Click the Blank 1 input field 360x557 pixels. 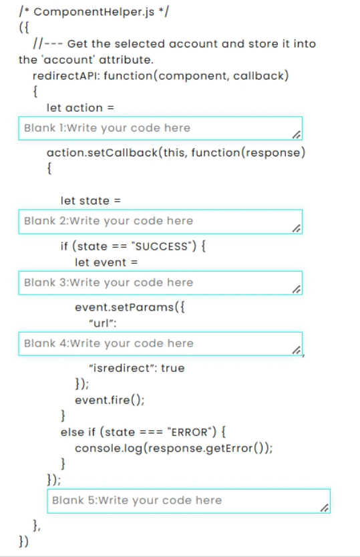click(160, 128)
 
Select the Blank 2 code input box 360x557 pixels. click(160, 221)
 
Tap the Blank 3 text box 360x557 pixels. click(160, 283)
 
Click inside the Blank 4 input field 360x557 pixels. click(160, 343)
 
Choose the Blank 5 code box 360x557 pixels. click(189, 501)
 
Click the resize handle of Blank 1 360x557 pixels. click(297, 135)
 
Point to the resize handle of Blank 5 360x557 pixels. click(325, 508)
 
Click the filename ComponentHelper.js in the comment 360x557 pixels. click(94, 12)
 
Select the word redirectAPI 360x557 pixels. click(66, 76)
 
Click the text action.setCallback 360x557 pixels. click(102, 153)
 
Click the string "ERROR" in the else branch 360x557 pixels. click(190, 432)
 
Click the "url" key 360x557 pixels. click(102, 323)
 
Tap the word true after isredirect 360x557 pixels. click(173, 368)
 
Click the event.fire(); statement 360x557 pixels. click(110, 400)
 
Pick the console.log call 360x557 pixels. click(174, 448)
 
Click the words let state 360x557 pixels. click(85, 201)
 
